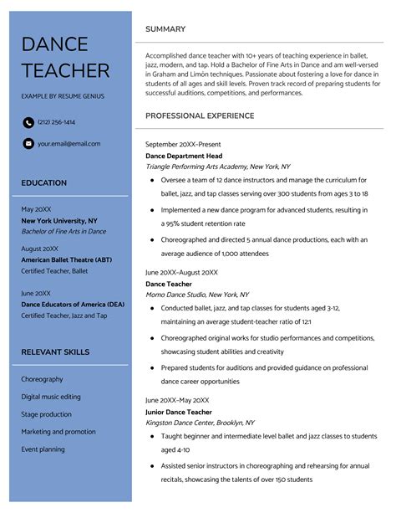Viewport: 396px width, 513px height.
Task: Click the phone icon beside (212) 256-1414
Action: click(x=28, y=122)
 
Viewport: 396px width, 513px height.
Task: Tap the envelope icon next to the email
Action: click(x=28, y=144)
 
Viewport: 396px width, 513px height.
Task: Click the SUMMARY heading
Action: click(x=165, y=29)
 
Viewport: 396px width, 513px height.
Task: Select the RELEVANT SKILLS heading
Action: click(x=55, y=351)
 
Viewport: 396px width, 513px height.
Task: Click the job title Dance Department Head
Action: click(x=184, y=156)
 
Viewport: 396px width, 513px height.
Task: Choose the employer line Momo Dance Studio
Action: click(x=197, y=295)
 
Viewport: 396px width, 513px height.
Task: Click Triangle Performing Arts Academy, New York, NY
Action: click(x=216, y=167)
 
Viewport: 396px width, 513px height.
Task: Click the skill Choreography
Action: click(x=42, y=379)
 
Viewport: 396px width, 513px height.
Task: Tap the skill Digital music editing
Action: click(x=51, y=396)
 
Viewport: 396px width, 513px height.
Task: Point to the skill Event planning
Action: click(x=43, y=449)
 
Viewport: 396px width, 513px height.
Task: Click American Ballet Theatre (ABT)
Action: click(x=66, y=260)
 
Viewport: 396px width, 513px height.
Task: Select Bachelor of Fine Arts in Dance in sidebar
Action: click(x=63, y=231)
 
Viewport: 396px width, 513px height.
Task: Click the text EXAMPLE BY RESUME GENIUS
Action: click(x=63, y=97)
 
